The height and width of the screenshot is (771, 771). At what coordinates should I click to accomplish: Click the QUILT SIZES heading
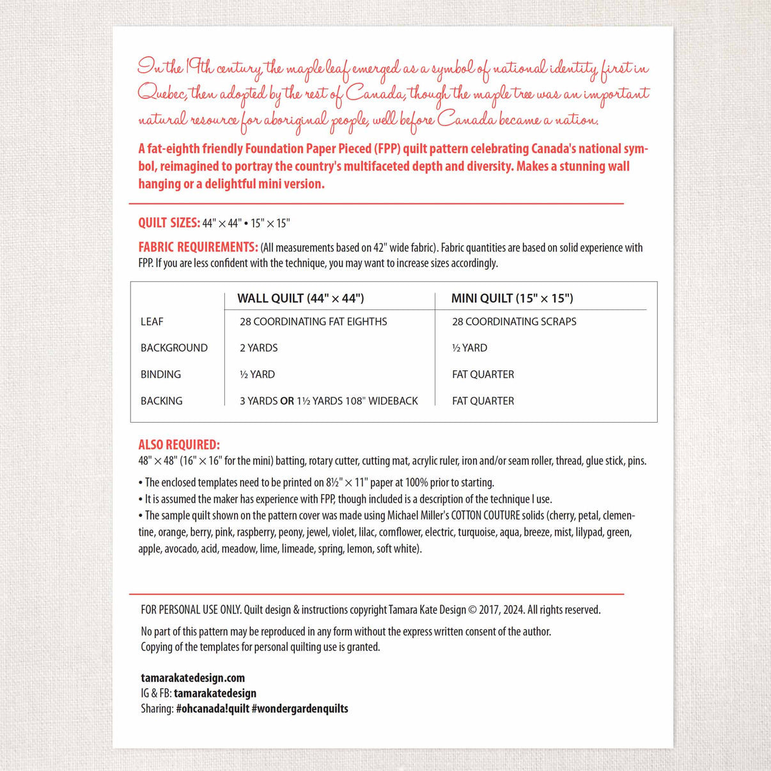pos(169,222)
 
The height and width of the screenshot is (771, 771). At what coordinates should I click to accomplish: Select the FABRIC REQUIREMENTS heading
pos(198,247)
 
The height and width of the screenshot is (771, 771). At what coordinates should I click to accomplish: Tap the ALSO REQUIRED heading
pos(179,445)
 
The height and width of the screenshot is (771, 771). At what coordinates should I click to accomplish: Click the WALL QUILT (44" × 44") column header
pos(300,298)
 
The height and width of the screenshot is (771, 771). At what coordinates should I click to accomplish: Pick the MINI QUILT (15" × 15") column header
pos(512,298)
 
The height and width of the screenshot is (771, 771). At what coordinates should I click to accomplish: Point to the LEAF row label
pos(152,322)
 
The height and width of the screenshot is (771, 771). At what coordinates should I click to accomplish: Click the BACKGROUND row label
pos(174,348)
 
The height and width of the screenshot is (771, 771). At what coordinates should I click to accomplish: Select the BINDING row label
pos(160,375)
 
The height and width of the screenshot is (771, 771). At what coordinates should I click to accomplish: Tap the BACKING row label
pos(161,401)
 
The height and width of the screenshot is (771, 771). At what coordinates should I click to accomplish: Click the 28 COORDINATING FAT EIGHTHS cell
pos(313,322)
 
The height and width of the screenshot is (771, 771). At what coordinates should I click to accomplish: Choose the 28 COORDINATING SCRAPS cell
pos(514,322)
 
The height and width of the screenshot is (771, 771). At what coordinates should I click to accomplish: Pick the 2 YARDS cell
pos(259,348)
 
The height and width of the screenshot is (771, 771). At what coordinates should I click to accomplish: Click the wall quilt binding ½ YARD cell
pos(257,375)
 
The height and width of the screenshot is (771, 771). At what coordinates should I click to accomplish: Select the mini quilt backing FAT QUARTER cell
pos(483,401)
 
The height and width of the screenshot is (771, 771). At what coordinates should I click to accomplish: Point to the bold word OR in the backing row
pos(287,401)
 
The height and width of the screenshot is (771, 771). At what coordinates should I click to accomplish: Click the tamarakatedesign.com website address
pos(192,678)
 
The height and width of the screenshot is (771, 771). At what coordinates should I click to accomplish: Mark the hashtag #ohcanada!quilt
pos(212,708)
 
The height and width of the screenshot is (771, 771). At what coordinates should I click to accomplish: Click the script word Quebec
pos(162,93)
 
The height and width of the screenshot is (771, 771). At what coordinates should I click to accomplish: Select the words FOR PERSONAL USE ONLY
pos(191,610)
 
